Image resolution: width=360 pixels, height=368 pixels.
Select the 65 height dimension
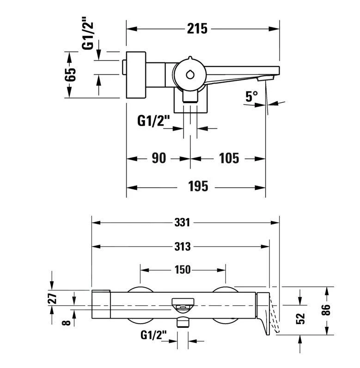70,74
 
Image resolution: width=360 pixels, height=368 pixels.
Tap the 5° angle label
251,97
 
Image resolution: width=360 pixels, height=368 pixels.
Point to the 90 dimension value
159,158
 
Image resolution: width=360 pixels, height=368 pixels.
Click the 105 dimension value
229,158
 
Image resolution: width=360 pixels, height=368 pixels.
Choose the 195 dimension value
198,187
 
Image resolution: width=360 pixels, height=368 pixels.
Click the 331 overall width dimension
183,222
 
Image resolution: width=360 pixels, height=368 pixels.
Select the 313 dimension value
183,247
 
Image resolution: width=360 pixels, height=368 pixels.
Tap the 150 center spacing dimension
183,270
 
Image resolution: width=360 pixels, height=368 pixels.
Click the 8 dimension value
68,321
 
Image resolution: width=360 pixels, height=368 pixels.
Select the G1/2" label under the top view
154,121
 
